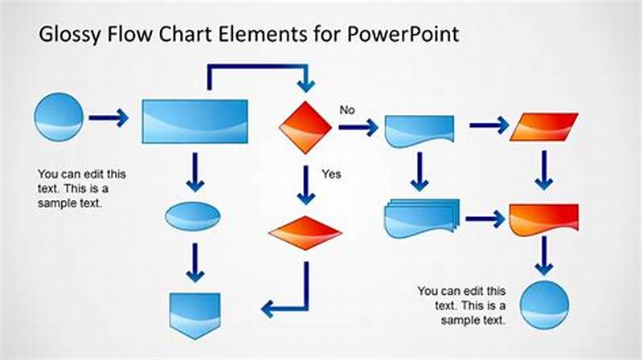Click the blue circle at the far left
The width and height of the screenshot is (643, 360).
point(59,118)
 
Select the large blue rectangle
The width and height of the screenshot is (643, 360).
point(195,121)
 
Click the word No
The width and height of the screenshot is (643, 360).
point(347,110)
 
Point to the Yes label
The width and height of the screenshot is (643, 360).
point(331,174)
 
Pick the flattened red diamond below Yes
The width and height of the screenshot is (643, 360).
point(305,233)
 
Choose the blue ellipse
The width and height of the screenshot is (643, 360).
point(193,216)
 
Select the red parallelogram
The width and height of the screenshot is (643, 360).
point(544,125)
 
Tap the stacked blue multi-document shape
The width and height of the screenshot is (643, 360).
point(420,218)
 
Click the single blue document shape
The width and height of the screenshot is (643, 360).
point(419,129)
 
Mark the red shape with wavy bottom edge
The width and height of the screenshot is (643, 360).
point(544,219)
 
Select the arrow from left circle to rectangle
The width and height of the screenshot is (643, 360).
point(109,119)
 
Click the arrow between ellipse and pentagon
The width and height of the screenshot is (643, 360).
point(195,263)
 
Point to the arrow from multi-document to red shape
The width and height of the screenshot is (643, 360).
point(484,218)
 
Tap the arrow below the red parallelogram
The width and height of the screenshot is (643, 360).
point(544,170)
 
